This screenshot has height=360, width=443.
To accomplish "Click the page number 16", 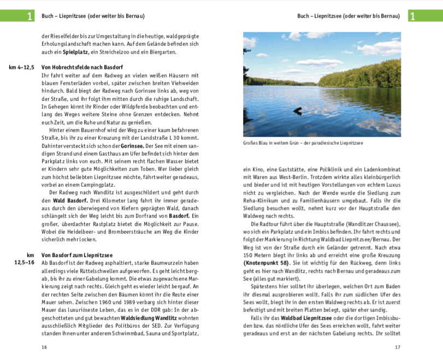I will tap(44, 347).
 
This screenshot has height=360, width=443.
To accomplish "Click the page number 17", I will tap(398, 347).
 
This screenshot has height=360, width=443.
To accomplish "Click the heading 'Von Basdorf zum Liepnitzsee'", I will tap(77, 255).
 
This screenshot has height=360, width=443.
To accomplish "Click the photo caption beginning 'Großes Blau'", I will tap(303, 143).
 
